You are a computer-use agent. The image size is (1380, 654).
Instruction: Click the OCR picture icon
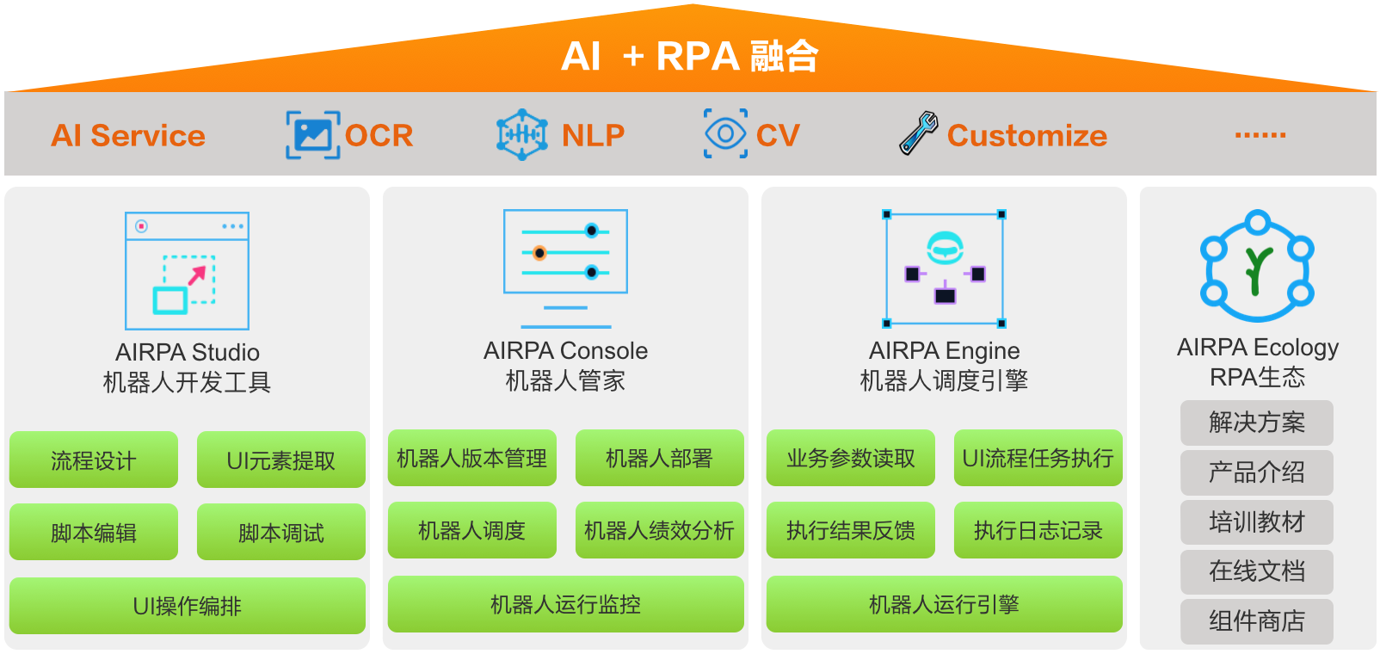[312, 135]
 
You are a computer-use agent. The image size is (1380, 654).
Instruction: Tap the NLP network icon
[521, 135]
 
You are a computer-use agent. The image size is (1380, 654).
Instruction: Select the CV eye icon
[725, 133]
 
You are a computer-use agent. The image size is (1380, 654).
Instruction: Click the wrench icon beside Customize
[918, 133]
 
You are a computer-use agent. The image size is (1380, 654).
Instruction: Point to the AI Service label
[128, 136]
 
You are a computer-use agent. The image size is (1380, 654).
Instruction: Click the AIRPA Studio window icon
[187, 271]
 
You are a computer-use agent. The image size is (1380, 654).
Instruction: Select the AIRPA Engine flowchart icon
[944, 268]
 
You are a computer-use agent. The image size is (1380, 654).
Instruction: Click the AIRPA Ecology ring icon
[1257, 266]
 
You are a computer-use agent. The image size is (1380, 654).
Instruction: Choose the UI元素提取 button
[280, 460]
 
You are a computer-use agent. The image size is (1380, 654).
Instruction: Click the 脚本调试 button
[280, 533]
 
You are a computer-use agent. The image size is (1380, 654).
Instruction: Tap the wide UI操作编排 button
[187, 606]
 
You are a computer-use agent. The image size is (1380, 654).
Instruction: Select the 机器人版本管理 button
[471, 459]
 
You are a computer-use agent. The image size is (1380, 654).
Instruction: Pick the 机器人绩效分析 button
[659, 531]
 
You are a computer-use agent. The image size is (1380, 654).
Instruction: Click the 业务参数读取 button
[850, 459]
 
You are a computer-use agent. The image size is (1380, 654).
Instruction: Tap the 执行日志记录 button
[1038, 531]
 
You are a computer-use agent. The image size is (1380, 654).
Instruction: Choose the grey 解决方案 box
[1256, 423]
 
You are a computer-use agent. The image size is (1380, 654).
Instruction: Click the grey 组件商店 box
[1256, 621]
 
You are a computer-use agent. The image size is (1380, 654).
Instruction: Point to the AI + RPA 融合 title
[689, 57]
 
